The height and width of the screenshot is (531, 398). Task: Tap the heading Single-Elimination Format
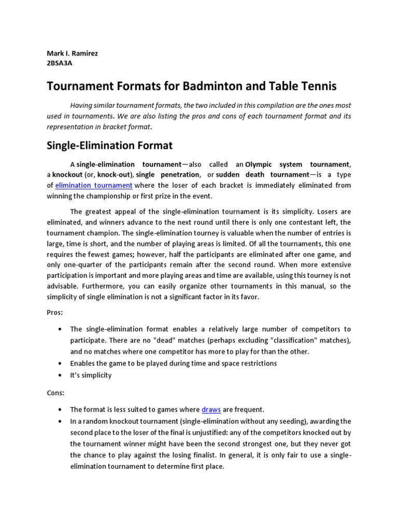110,145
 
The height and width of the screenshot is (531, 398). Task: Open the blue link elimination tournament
94,185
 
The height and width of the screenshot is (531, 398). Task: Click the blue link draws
211,410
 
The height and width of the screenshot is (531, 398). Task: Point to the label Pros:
55,313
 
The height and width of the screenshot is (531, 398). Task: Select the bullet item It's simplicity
91,375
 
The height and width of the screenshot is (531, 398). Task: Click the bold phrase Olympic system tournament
297,164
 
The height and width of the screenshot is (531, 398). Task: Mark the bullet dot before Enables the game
61,364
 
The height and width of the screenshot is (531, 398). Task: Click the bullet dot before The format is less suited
61,410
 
